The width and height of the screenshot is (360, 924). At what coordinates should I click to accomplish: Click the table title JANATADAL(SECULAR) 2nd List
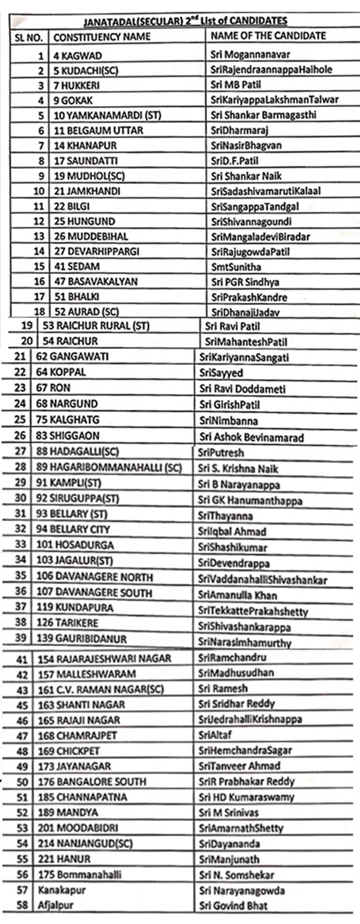point(184,21)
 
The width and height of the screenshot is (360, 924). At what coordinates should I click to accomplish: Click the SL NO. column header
point(29,37)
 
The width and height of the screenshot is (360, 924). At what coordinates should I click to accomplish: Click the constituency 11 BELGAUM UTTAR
point(97,130)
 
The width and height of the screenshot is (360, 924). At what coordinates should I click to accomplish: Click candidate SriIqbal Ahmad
point(232,532)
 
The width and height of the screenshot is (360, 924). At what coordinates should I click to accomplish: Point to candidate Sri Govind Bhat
point(233,905)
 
